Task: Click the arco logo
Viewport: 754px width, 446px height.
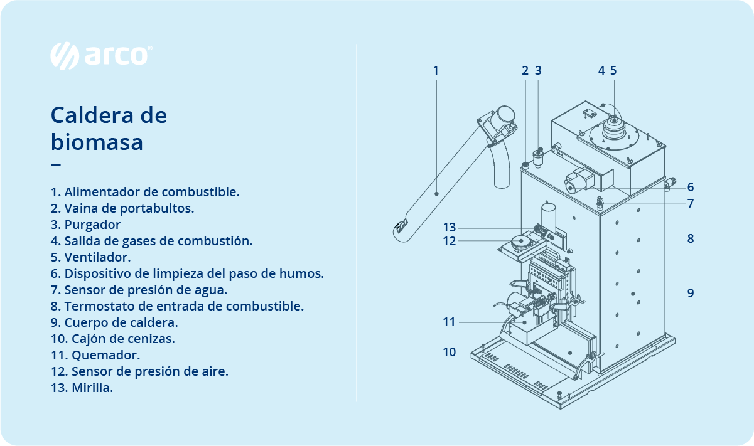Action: (x=100, y=55)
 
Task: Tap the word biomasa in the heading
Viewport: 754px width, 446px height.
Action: (x=97, y=142)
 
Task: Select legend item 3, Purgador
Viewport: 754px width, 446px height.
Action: (x=86, y=225)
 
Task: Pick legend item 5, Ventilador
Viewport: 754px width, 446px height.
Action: (x=91, y=257)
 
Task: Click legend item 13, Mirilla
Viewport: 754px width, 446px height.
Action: (x=82, y=388)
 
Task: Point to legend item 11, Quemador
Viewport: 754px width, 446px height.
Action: (x=95, y=355)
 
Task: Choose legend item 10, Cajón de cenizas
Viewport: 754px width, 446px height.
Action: (x=113, y=339)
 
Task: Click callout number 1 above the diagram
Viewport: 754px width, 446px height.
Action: (x=436, y=70)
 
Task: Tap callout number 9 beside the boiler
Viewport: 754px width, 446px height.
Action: (x=690, y=293)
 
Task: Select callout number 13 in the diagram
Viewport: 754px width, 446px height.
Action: (x=449, y=227)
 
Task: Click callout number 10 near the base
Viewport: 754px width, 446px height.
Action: (x=449, y=353)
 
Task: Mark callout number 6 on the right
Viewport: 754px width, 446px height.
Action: (x=690, y=187)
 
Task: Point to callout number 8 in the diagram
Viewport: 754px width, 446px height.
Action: (x=690, y=238)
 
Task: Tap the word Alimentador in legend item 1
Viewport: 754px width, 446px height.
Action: (x=100, y=192)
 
